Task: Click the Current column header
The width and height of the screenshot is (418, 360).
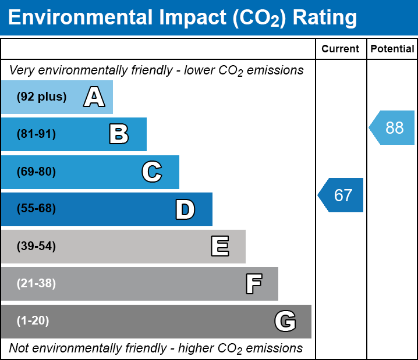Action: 341,49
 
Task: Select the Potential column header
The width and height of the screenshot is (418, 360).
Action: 392,49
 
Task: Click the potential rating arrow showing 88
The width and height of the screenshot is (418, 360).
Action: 392,127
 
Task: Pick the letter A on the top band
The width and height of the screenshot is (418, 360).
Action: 94,97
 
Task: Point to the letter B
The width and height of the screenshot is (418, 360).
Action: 119,134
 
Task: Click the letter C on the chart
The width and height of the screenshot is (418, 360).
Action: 151,172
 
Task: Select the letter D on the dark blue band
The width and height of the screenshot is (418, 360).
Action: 185,209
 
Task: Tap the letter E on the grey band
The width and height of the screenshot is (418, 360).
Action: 219,247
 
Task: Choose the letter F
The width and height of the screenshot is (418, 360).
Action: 253,284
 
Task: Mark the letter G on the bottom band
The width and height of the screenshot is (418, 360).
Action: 285,321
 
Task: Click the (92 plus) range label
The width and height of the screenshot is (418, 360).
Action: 41,97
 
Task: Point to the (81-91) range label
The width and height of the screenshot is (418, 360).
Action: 36,134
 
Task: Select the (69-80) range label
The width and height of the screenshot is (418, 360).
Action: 36,172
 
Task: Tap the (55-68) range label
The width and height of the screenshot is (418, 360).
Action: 36,209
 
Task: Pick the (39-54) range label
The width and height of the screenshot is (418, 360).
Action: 36,247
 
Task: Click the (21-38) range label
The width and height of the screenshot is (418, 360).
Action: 36,284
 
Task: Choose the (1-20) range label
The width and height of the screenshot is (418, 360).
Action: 33,321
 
